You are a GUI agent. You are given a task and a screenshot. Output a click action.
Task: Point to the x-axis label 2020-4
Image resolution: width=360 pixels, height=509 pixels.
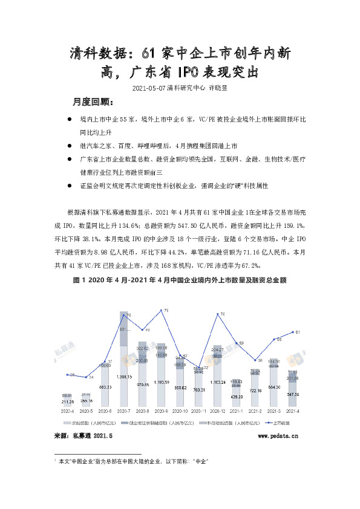(x=68, y=410)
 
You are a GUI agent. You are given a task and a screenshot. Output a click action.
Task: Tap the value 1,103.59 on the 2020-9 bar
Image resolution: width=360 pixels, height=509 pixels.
(x=163, y=383)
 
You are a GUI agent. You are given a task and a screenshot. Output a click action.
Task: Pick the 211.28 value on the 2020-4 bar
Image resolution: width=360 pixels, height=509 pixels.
(x=68, y=401)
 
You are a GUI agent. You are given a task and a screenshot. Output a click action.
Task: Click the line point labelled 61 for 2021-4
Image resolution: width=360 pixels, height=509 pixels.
(x=295, y=332)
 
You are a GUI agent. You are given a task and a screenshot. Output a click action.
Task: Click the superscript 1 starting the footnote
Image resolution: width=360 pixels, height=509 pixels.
(x=55, y=461)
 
